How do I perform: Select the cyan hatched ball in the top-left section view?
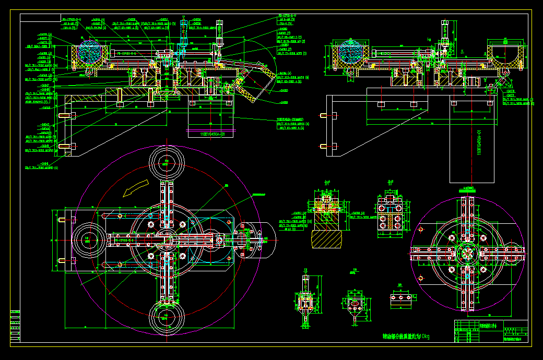click(91, 52)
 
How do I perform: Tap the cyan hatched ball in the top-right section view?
click(351, 52)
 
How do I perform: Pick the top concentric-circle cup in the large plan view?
click(167, 162)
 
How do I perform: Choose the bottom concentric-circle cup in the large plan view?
click(167, 317)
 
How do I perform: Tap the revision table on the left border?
click(15, 326)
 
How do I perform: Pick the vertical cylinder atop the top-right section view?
click(444, 32)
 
